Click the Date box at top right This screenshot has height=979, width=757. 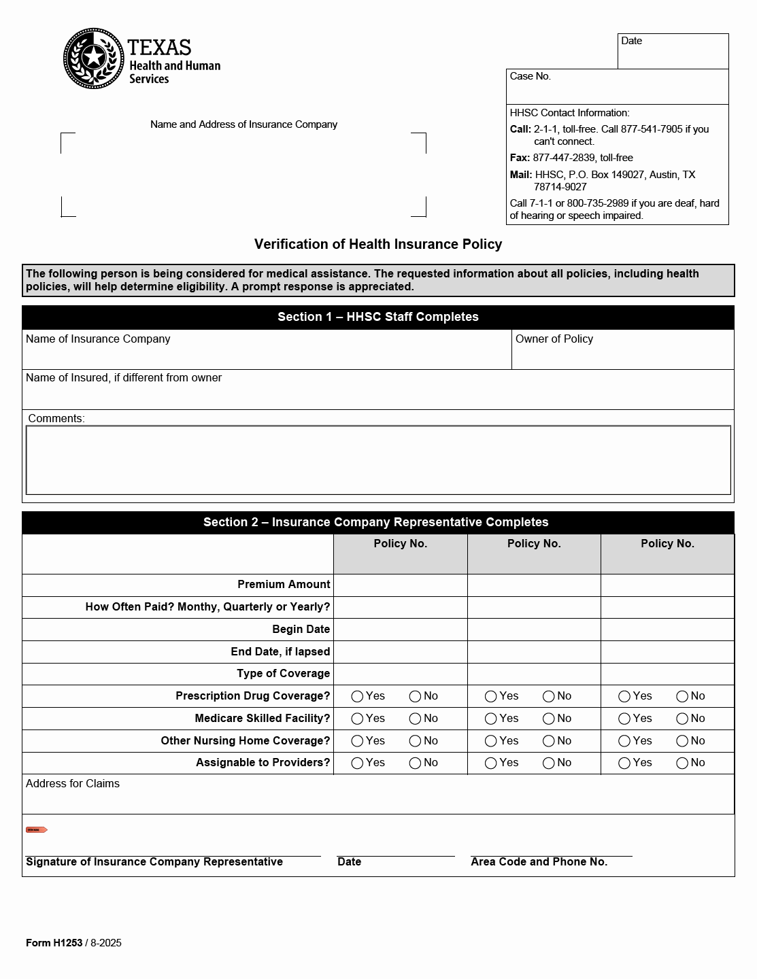(x=673, y=52)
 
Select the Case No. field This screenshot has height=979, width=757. (x=617, y=87)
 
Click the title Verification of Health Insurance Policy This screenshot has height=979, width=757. (x=378, y=244)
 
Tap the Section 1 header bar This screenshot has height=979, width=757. (x=378, y=317)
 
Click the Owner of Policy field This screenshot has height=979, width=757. (x=622, y=350)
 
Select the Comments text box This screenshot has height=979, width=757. (x=378, y=460)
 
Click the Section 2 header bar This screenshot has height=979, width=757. (x=378, y=522)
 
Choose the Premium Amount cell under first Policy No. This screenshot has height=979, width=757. (x=400, y=585)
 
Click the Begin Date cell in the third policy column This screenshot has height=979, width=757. (x=667, y=629)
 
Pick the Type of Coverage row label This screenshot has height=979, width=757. (x=283, y=674)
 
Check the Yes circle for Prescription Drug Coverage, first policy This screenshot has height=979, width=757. (x=357, y=696)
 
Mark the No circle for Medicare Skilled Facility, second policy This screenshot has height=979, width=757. (x=549, y=719)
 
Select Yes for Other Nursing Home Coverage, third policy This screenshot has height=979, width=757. (x=624, y=741)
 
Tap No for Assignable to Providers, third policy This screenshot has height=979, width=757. (x=682, y=763)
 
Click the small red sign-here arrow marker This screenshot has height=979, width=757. (x=36, y=830)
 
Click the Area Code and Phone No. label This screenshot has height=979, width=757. (x=539, y=862)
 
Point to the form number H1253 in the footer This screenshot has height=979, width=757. (x=54, y=943)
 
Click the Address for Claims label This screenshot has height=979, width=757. (x=73, y=784)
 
